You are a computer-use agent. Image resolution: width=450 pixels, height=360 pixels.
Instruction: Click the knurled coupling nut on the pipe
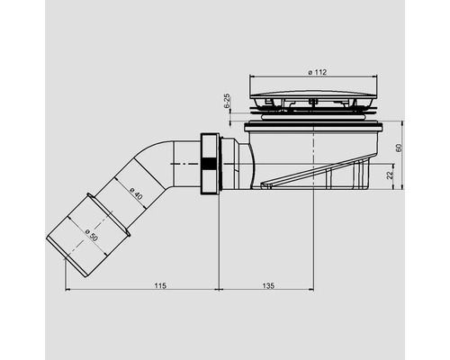coord(209,165)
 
